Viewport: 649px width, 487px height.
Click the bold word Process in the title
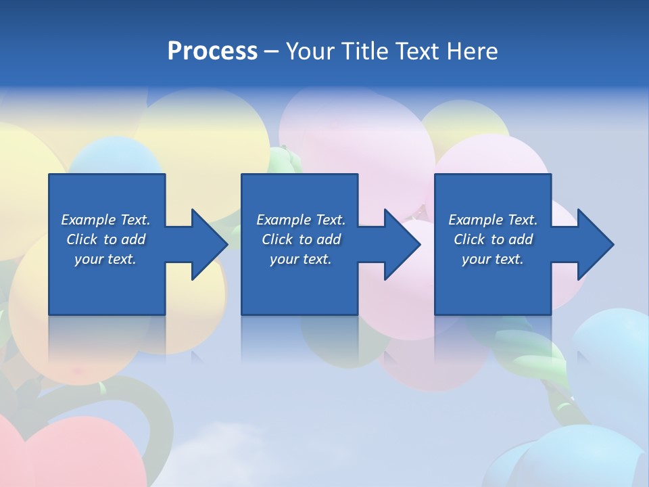click(212, 51)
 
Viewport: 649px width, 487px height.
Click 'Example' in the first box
click(89, 220)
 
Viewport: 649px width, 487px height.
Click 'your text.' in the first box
click(105, 259)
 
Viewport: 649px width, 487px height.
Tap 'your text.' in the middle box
click(300, 259)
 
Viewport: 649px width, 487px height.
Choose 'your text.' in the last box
click(493, 259)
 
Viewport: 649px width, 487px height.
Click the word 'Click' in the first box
click(82, 239)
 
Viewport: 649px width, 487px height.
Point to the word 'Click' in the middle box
click(277, 239)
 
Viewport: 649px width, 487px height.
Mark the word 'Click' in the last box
click(469, 239)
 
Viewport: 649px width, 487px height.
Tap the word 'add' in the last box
click(521, 239)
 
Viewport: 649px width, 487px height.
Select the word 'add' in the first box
click(134, 239)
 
